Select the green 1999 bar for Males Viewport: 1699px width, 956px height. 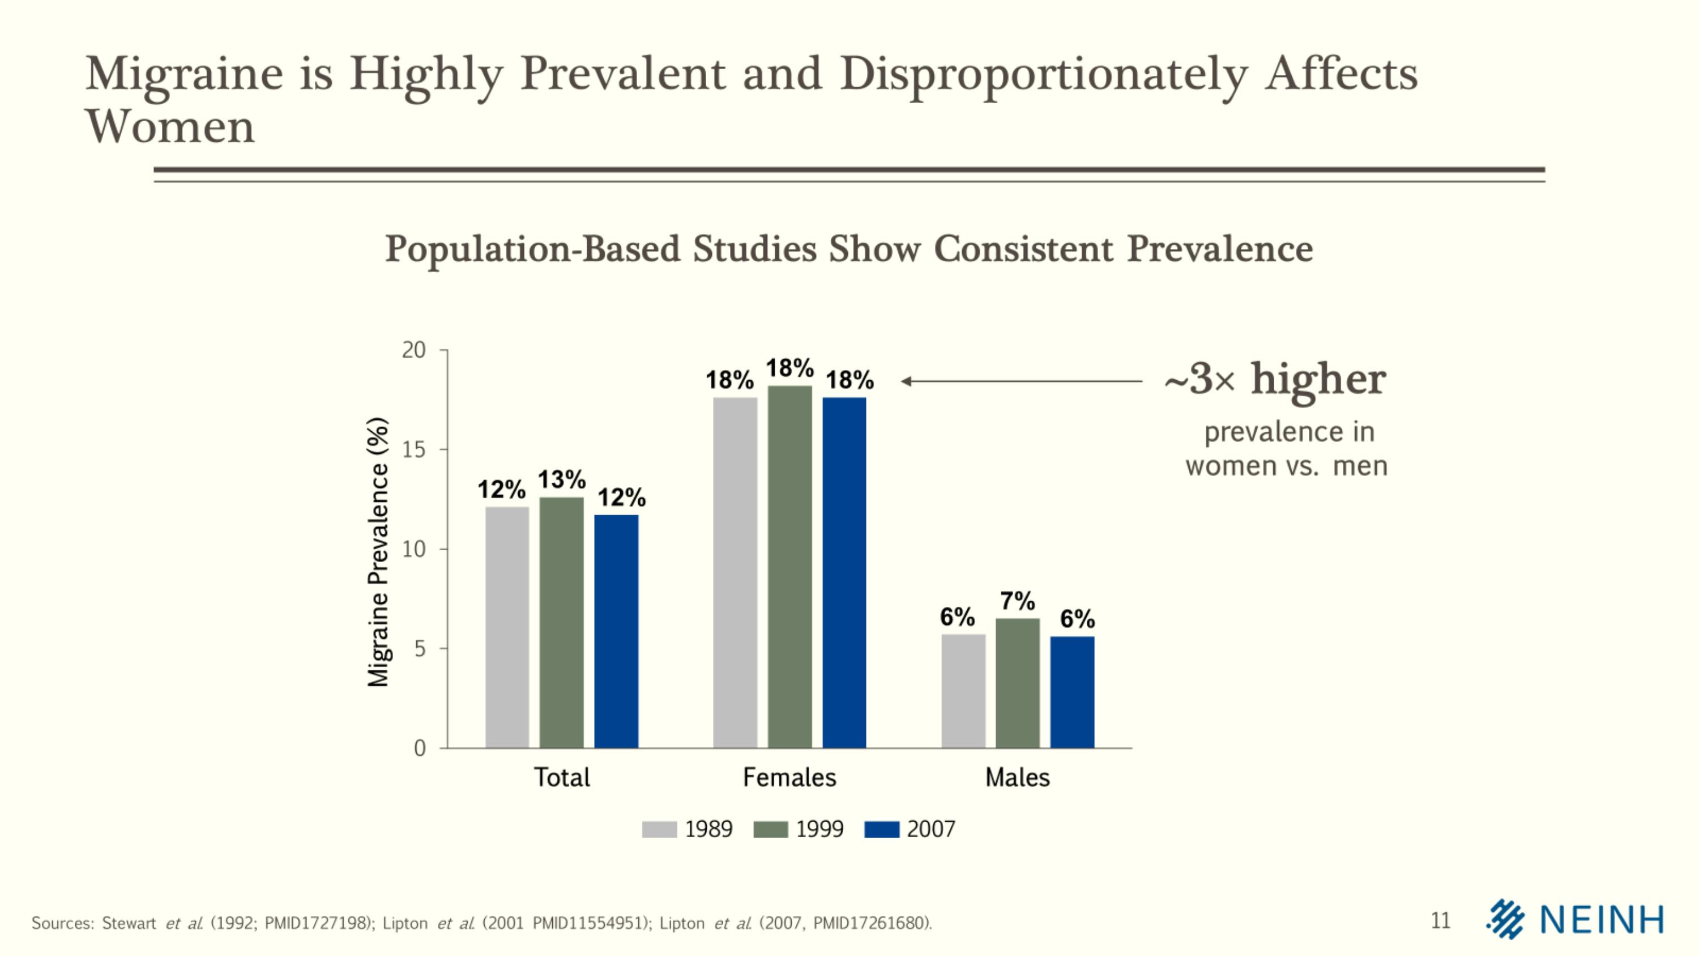1018,683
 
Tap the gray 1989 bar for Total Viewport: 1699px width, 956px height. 507,627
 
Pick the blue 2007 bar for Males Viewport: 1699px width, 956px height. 1073,692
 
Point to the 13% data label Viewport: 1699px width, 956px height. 562,479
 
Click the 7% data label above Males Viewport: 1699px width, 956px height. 1018,601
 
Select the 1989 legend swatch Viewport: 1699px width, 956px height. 660,829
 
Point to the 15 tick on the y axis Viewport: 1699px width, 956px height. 414,450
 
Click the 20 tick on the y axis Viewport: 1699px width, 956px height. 414,350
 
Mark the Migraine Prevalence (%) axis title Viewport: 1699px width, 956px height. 378,551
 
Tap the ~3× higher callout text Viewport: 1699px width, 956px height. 1275,380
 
